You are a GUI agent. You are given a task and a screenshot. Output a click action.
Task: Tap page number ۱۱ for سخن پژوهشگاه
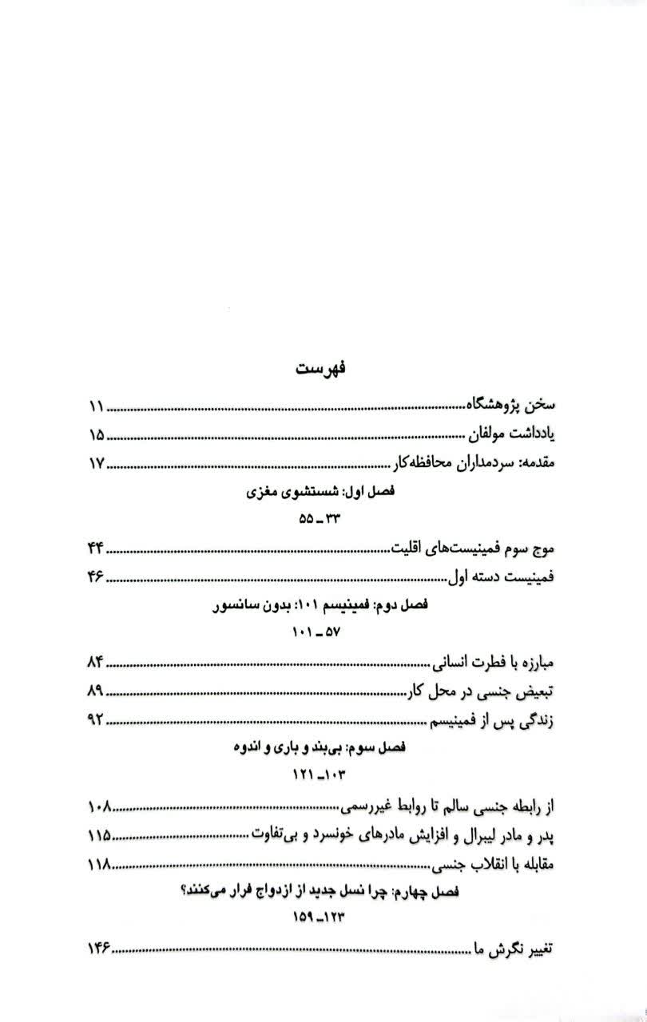tap(96, 407)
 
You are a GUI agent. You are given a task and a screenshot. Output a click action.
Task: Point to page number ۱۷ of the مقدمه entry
tap(96, 465)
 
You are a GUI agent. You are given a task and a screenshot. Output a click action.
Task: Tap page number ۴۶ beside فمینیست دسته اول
tap(96, 577)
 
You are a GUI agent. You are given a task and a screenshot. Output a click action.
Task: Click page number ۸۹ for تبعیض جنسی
tap(96, 691)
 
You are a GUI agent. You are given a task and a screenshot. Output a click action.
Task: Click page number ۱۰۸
tap(99, 806)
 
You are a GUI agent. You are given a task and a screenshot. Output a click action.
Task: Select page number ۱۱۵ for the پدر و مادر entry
tap(99, 835)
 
